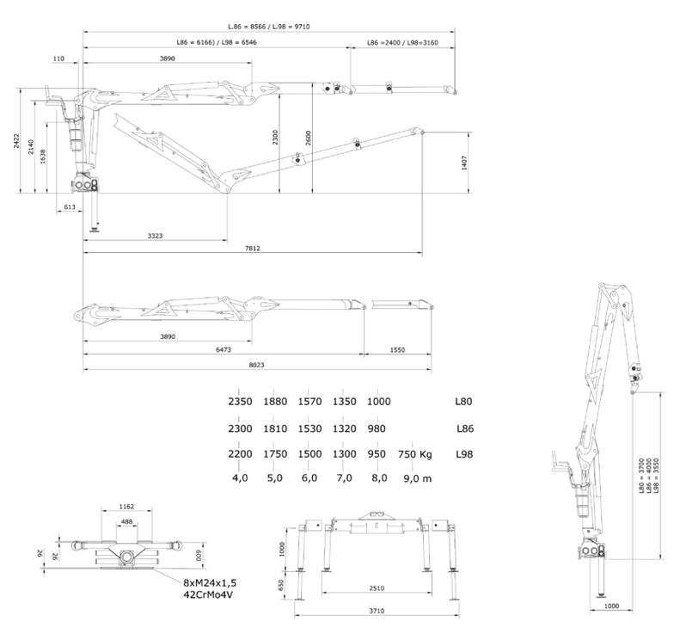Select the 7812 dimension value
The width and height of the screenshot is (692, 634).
tap(251, 248)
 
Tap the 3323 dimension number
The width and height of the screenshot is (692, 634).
tap(156, 234)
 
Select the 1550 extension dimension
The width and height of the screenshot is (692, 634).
tap(396, 350)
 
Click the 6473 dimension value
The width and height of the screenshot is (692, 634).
tap(224, 350)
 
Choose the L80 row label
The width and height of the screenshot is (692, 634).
tap(465, 401)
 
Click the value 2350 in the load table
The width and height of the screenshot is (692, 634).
tap(239, 401)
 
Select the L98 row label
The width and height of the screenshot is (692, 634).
tap(465, 454)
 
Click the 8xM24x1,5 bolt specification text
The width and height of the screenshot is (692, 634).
tap(210, 582)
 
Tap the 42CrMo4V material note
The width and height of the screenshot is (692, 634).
tap(209, 594)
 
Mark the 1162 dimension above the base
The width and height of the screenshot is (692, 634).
tap(127, 508)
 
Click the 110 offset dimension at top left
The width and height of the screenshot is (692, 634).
tap(58, 58)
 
